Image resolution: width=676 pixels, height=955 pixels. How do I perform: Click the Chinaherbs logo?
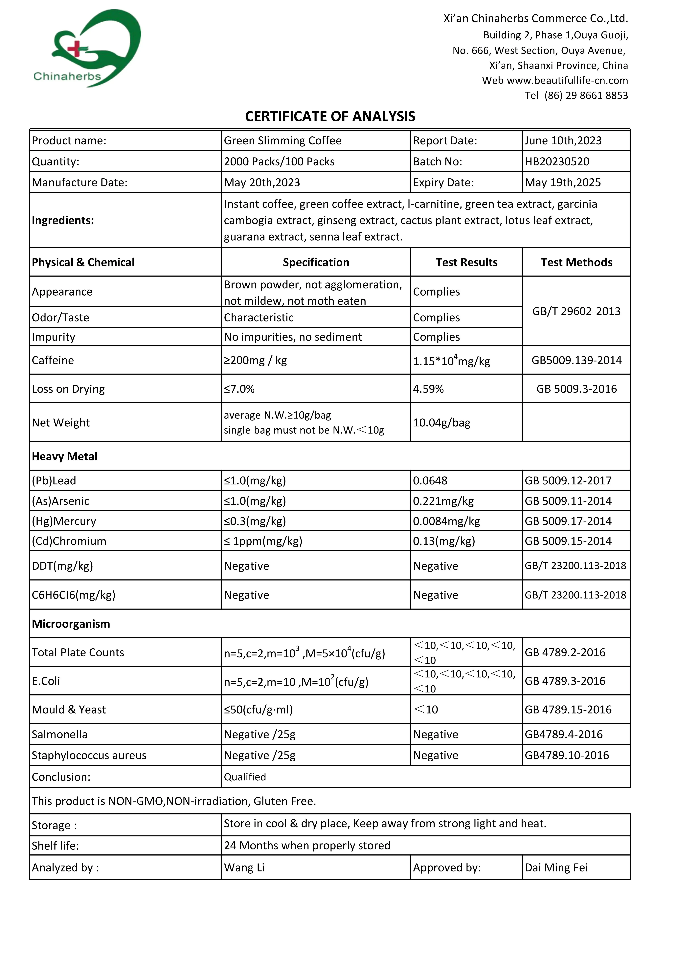point(87,49)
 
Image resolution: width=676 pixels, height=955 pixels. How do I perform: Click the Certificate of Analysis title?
point(330,116)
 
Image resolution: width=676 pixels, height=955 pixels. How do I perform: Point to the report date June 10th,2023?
point(563,141)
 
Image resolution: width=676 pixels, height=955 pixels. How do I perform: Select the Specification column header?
point(316,263)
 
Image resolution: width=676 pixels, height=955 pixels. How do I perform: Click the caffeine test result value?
point(451,360)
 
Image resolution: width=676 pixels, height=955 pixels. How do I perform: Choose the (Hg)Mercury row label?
point(64,521)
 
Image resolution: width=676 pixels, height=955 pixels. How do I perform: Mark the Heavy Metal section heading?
point(65,457)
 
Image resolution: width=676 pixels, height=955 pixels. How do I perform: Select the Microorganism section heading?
point(71,624)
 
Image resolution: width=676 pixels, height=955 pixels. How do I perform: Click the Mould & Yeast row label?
point(69,710)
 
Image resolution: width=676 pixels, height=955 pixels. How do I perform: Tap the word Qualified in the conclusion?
point(245,777)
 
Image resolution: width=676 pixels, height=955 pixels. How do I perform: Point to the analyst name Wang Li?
point(244,868)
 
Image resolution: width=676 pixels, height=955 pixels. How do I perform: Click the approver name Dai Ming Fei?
point(556,868)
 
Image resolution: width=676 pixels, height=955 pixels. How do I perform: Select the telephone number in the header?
point(586,96)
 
